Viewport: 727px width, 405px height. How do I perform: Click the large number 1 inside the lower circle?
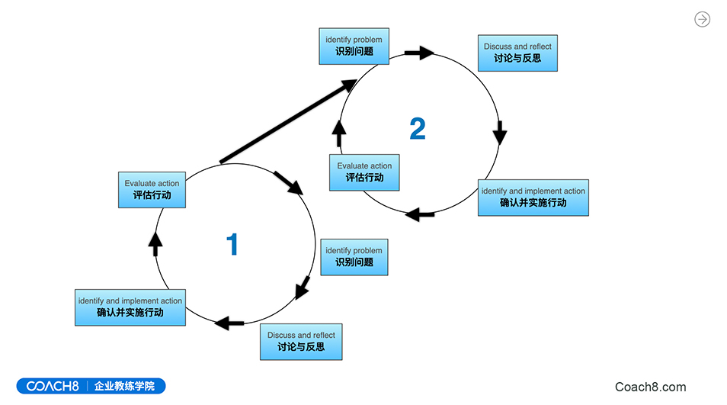[x=232, y=244]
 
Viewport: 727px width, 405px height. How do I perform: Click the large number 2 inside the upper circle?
[x=418, y=129]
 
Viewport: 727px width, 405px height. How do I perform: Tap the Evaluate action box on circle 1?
[x=152, y=189]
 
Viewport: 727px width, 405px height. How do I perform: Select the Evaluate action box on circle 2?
[x=364, y=172]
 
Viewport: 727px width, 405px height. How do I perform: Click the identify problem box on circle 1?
[x=354, y=256]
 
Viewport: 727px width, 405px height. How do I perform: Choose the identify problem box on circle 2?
[x=354, y=46]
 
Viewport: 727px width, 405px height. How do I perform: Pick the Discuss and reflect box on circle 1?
[x=301, y=341]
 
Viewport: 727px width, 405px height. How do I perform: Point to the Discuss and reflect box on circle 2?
[x=517, y=53]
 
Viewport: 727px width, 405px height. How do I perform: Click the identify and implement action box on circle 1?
[x=130, y=307]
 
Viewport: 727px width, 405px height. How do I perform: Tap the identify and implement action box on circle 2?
[x=533, y=198]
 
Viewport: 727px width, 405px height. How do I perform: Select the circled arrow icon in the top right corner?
[x=702, y=20]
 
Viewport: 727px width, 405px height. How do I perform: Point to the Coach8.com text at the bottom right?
[x=650, y=387]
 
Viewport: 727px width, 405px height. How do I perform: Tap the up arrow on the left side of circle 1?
[x=155, y=243]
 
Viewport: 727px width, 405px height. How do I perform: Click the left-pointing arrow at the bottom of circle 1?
[x=229, y=323]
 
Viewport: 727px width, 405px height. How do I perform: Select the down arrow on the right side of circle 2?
[x=499, y=133]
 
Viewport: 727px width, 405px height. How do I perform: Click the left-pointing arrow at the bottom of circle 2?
[x=419, y=214]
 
